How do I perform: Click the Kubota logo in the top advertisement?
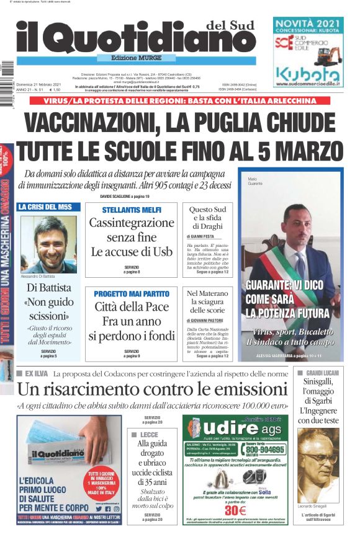pos(308,75)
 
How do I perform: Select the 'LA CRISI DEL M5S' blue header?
pos(45,207)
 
